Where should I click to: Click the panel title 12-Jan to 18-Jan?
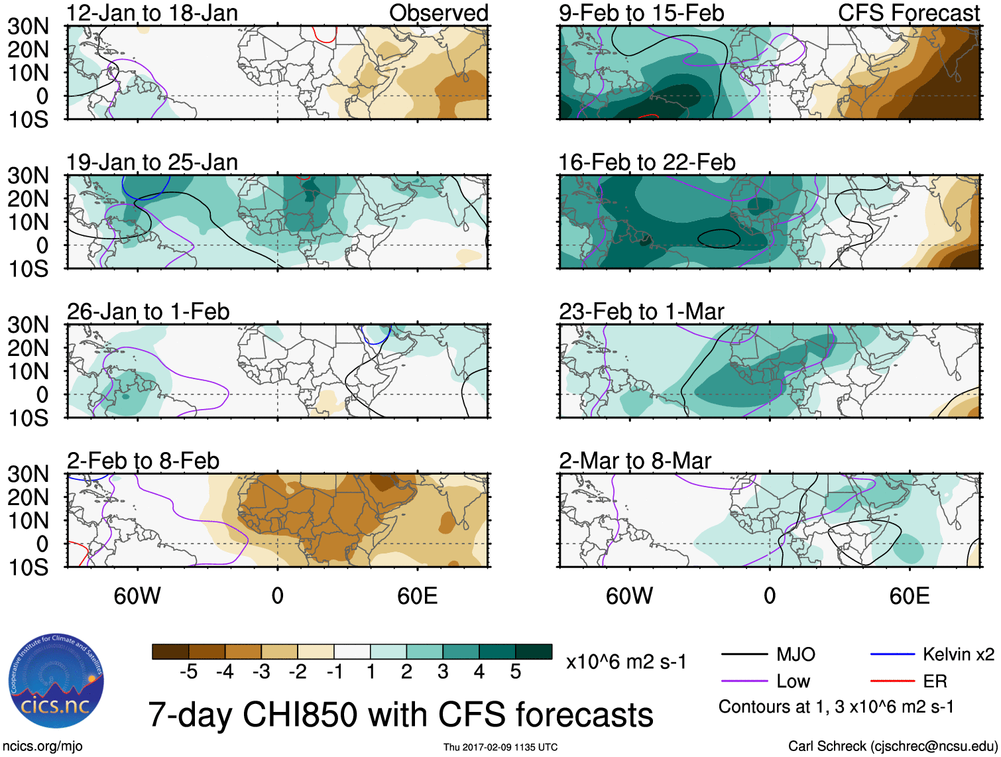(x=152, y=13)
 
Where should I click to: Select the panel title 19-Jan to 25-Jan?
(x=152, y=162)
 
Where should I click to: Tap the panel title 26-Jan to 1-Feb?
(x=148, y=312)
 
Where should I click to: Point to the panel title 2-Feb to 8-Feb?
(x=143, y=461)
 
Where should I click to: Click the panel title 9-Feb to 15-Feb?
(x=641, y=13)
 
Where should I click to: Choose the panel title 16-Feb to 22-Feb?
(x=646, y=162)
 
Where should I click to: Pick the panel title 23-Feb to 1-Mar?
(x=641, y=312)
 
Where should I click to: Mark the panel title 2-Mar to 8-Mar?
(x=634, y=461)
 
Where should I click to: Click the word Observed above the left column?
(x=438, y=13)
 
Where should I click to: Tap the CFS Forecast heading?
(x=908, y=13)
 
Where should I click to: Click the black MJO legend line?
(x=744, y=655)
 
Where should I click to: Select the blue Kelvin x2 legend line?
(x=892, y=655)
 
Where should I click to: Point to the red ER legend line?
(x=892, y=681)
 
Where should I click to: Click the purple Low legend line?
(x=744, y=681)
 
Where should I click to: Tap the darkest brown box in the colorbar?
(x=170, y=652)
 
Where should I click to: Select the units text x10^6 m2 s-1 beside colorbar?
(x=626, y=662)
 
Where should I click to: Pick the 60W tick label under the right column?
(x=629, y=596)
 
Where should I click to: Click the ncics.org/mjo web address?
(x=42, y=746)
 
